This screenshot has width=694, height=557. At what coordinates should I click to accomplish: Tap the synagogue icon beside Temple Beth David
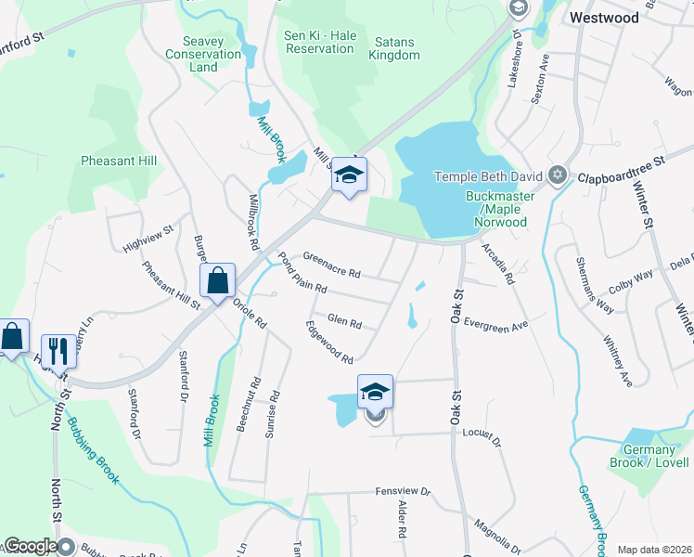pos(558,175)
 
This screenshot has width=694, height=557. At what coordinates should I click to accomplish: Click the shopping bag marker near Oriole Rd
pos(217,280)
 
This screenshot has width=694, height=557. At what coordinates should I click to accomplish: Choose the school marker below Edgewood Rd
pos(375,392)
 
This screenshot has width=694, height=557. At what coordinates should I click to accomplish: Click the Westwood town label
pos(604,18)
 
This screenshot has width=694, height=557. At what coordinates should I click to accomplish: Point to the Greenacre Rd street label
pos(330,265)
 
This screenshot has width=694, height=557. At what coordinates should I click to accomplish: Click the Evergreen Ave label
pos(495,326)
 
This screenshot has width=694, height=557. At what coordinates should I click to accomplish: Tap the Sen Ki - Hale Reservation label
pos(320,42)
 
